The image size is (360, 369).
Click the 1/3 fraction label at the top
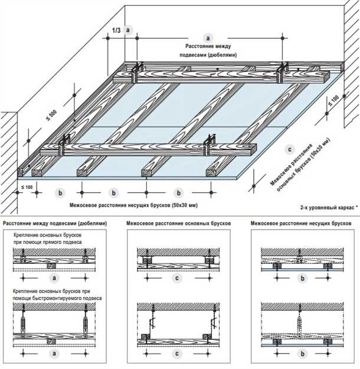pos(116,31)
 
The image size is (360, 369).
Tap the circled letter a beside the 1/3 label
pos(129,28)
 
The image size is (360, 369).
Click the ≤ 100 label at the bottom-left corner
pos(27,187)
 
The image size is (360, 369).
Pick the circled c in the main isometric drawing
pos(289,149)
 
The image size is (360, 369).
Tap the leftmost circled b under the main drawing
pos(60,192)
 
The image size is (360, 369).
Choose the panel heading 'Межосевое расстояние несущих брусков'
pos(301,224)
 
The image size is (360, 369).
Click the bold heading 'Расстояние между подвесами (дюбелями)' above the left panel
pos(55,224)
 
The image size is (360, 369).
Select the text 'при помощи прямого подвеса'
pos(48,243)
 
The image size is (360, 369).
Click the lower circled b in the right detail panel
pos(302,354)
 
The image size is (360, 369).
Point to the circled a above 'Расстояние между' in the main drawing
pos(207,37)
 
